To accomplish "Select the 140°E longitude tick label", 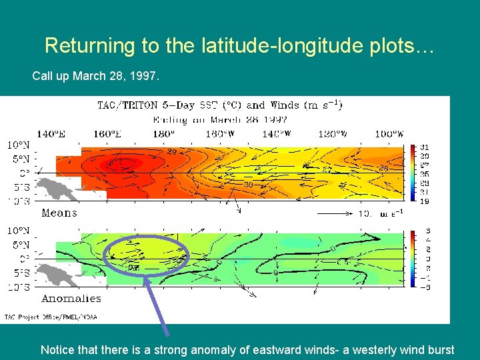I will coord(51,134).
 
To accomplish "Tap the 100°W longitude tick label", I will coord(387,134).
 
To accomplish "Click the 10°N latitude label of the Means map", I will coord(18,145).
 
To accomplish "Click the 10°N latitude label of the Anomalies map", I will coord(18,230).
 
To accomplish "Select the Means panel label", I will coord(59,213).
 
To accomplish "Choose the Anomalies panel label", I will coord(71,299).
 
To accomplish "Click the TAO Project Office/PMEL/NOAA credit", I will coord(51,317).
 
